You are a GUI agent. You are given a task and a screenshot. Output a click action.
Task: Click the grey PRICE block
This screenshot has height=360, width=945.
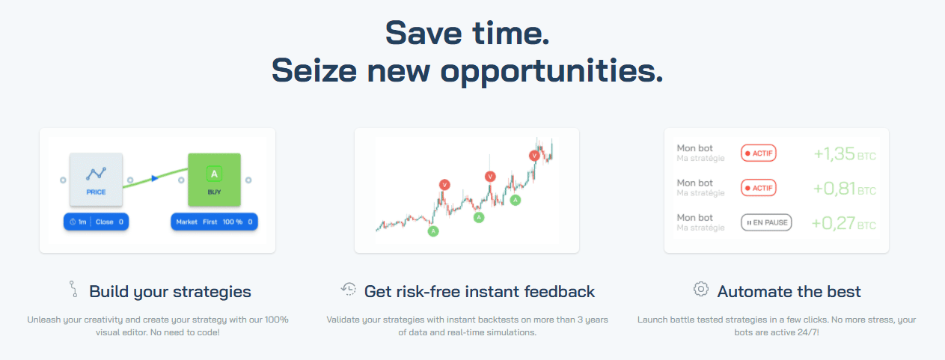point(97,180)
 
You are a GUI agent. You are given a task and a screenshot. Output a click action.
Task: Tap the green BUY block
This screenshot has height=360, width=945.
point(214,180)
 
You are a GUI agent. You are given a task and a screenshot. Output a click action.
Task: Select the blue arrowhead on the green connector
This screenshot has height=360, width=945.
point(155,178)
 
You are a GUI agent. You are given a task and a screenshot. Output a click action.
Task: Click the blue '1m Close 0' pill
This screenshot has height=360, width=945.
point(97,222)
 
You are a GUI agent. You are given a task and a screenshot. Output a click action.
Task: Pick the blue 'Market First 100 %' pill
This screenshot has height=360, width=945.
point(214,222)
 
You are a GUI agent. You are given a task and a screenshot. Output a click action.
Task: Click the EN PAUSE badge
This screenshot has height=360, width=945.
point(766,222)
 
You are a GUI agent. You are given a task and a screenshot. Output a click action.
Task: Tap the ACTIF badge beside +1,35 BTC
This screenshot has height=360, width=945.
point(759,153)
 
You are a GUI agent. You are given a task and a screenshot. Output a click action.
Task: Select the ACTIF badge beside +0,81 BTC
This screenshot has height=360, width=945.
point(759,188)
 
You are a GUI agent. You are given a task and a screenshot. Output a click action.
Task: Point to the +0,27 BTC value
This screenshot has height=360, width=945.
point(844,223)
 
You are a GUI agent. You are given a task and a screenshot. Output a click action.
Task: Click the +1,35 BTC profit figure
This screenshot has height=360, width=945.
point(845,154)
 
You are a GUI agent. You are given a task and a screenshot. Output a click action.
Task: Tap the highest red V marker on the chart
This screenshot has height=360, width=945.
point(534,156)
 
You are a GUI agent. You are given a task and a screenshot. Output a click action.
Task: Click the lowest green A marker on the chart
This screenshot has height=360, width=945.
point(433,231)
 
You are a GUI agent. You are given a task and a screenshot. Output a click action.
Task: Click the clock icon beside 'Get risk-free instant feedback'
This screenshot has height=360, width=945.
point(349,289)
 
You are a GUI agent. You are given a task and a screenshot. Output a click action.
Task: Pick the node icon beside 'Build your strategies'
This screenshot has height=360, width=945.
point(73,289)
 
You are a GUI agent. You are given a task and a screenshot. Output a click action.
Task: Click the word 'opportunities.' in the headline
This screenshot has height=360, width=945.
point(552,71)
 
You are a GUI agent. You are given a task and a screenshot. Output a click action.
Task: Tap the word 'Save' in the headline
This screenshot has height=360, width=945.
point(423,34)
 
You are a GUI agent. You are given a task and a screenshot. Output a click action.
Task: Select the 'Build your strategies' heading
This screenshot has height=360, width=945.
point(170,292)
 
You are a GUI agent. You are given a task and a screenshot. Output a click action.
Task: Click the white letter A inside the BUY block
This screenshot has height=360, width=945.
point(214,174)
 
